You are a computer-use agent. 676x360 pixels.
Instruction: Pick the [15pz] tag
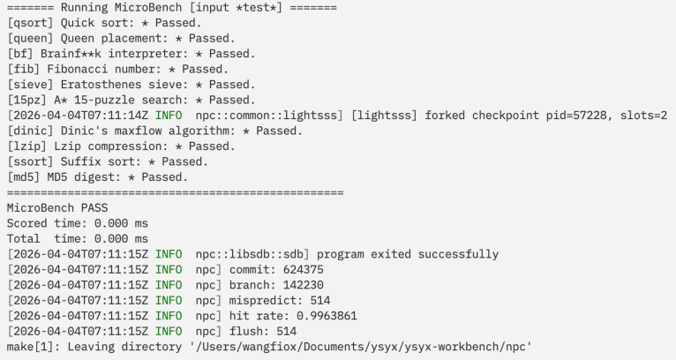(x=26, y=100)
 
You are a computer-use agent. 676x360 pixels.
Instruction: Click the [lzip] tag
(x=26, y=146)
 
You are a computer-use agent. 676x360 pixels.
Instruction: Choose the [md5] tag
(x=24, y=177)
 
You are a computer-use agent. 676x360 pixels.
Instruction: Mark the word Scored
(x=26, y=224)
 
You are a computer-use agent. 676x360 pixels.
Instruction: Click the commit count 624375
(x=303, y=270)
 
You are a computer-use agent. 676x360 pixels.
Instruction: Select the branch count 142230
(x=303, y=285)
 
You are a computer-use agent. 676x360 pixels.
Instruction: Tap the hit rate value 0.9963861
(x=327, y=316)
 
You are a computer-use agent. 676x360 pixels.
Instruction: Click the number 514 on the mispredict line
(x=319, y=301)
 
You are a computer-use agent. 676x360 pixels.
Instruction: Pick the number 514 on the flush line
(x=286, y=332)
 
